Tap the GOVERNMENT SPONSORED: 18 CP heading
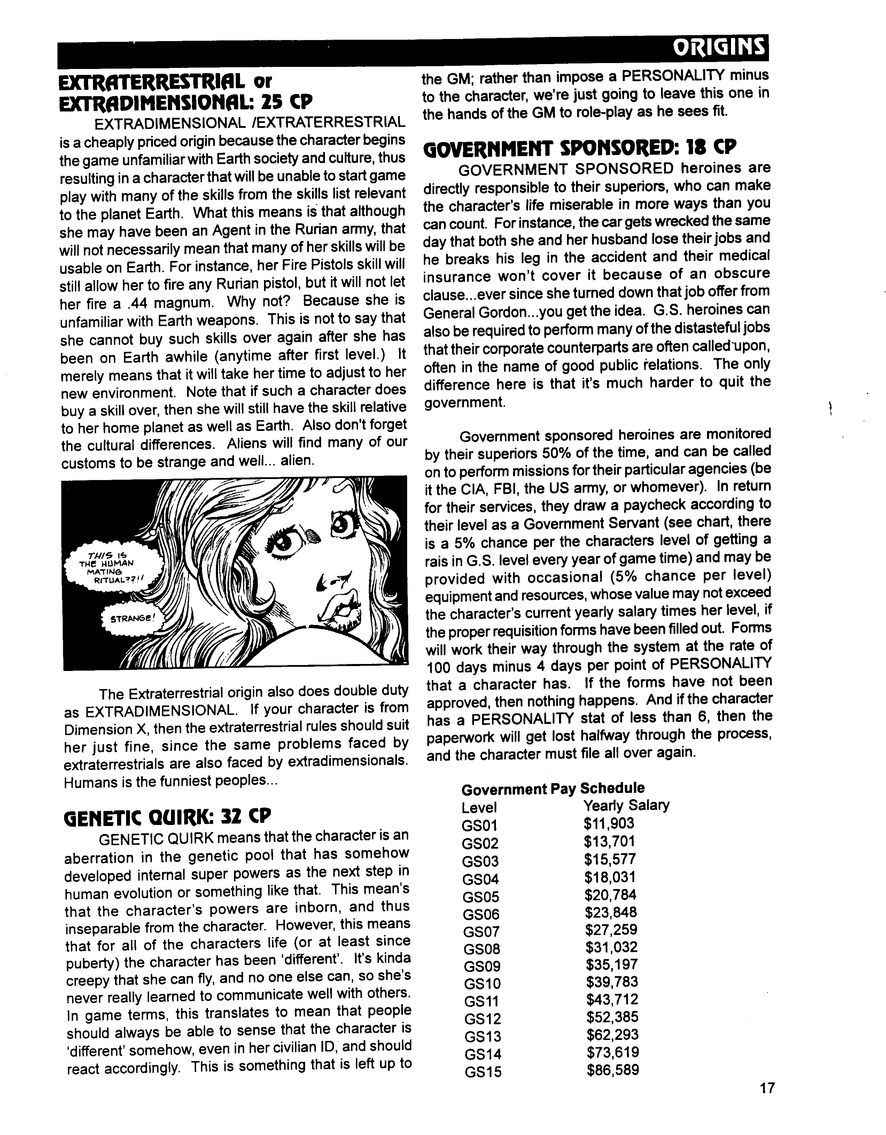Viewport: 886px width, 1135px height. (580, 148)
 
